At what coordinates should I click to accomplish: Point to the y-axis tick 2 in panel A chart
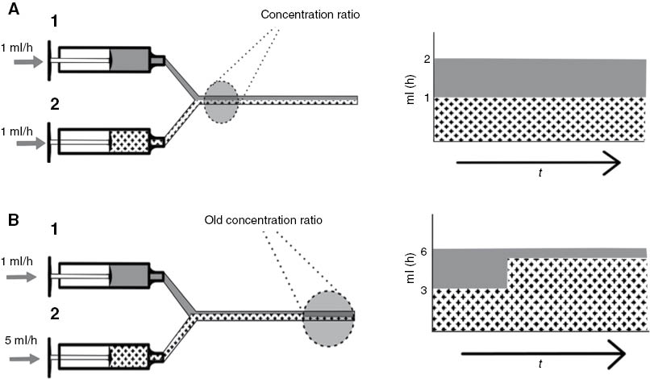coord(427,60)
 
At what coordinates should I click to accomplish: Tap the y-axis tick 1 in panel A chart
coord(427,98)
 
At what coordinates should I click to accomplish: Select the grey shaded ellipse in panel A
coord(221,101)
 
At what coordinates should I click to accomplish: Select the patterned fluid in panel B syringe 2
coord(129,356)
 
